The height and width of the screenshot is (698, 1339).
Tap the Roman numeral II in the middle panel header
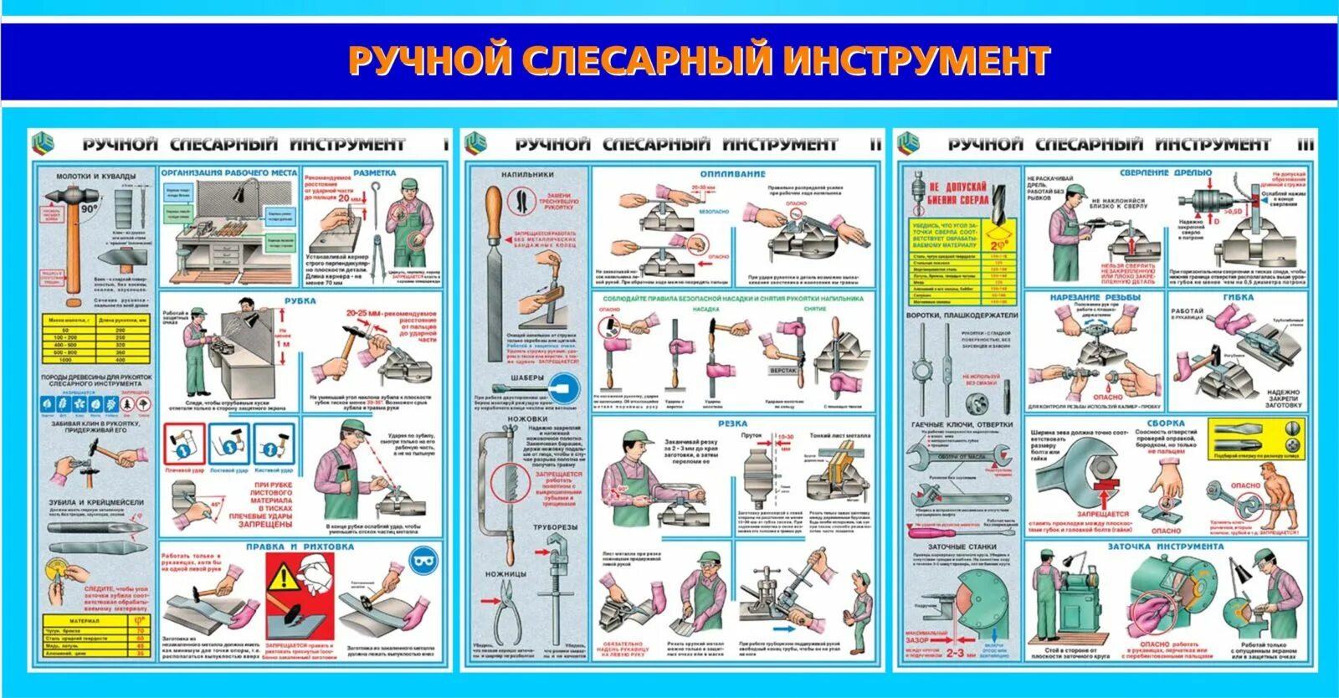[875, 144]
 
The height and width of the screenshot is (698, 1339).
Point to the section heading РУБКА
[300, 301]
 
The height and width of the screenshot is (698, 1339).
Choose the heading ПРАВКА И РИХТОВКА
[300, 547]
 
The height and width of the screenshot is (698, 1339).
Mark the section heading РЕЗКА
[732, 423]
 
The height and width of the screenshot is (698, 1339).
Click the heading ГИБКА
[1237, 297]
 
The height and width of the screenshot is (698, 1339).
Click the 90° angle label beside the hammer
[90, 208]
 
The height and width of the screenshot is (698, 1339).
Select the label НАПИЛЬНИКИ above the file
[527, 175]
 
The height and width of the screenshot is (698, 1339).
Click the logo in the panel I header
[44, 144]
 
